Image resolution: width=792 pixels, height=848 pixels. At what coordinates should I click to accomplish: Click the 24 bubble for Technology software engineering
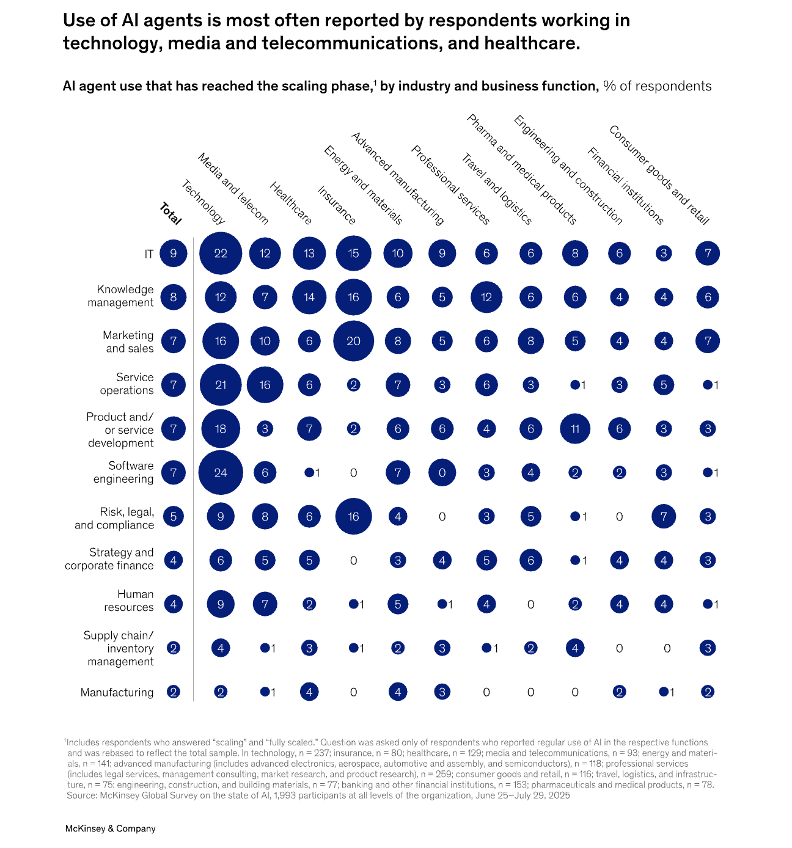tap(221, 472)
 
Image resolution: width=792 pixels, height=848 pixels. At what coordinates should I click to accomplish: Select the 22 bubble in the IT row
tap(221, 253)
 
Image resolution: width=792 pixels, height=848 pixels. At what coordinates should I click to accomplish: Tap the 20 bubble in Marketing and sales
tap(353, 341)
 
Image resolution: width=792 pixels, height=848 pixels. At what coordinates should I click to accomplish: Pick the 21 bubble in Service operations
tap(221, 385)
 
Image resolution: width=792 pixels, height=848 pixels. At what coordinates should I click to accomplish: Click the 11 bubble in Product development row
tap(575, 428)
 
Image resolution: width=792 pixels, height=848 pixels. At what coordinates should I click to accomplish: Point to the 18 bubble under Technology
tap(221, 428)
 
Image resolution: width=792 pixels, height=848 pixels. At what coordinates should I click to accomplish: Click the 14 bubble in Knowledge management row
tap(309, 297)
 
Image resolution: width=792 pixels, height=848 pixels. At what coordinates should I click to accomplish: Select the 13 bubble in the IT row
tap(309, 253)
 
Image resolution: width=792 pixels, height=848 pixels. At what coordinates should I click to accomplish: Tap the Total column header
tap(170, 214)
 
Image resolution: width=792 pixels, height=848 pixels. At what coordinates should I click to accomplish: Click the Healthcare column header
tap(291, 203)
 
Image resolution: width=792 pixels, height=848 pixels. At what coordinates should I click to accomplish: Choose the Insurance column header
tap(337, 205)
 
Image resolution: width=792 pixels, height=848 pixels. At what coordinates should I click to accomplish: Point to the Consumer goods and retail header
tap(659, 175)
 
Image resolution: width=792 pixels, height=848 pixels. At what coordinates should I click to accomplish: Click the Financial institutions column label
tap(625, 186)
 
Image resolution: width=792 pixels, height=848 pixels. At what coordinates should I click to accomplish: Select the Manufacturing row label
tap(117, 692)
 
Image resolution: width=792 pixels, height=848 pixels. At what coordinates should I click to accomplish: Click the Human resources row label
tap(128, 601)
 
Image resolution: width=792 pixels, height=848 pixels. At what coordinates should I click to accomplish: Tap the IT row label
tap(148, 254)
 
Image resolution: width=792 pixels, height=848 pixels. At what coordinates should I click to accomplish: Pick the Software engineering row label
tap(123, 472)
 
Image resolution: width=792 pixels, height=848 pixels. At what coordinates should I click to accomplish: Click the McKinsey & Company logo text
tap(111, 828)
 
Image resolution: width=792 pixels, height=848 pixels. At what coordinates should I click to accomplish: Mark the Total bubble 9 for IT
tap(174, 253)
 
